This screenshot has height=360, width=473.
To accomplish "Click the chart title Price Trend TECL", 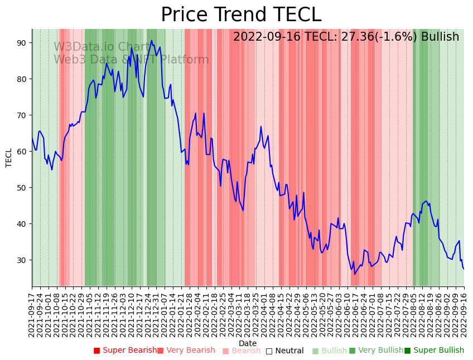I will coord(241,15).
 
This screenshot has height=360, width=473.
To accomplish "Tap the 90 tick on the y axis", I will coord(25,43).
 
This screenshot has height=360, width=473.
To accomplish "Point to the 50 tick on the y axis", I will coord(25,188).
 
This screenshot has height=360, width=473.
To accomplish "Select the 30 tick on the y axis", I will coord(25,260).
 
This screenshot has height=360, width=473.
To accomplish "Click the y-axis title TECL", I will coord(9,158).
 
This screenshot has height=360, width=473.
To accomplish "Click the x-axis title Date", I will coord(248,343).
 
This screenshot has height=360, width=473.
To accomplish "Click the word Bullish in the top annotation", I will coord(440,37).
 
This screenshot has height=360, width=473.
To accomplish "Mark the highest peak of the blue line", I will coord(151,40).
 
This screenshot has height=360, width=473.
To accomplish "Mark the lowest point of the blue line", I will coord(354,274).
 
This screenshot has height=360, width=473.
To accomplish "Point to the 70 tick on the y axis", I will coord(25,115).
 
